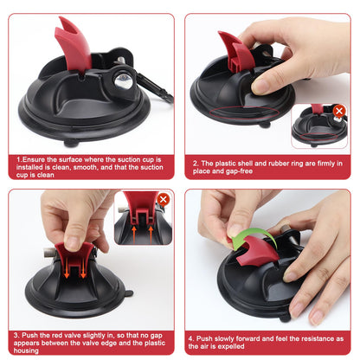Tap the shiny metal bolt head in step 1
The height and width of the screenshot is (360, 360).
point(124,80)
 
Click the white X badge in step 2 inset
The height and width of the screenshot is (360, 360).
point(339,111)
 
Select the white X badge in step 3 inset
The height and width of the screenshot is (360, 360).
point(164,199)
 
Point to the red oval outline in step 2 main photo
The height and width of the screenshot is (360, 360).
point(244,112)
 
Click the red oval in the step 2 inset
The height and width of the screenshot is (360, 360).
point(318,137)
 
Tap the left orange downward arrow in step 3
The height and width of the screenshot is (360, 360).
point(67,270)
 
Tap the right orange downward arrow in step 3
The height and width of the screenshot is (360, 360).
point(83,270)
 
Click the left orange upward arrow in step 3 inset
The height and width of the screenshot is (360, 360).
point(134,234)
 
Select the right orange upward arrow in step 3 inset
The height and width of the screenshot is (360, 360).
point(151,234)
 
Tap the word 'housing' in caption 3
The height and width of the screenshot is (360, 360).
point(26,350)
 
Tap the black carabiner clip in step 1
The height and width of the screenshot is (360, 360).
point(153,87)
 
